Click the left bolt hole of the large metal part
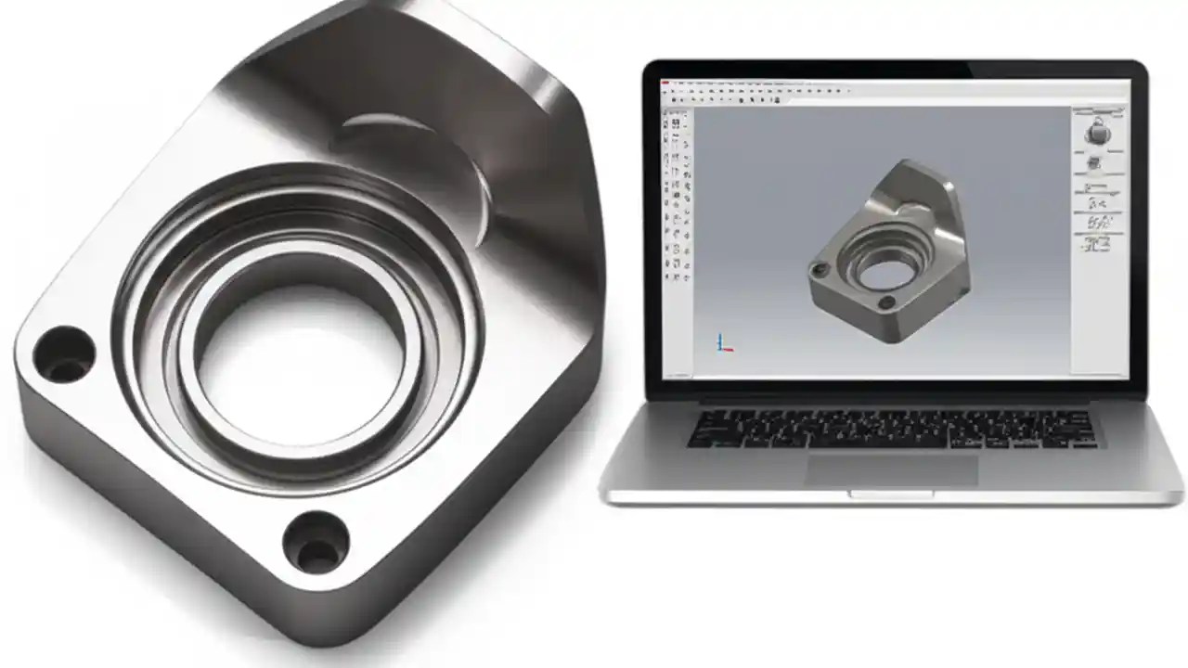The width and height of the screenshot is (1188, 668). click(x=64, y=354)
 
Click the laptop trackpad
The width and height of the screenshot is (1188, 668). click(x=891, y=469)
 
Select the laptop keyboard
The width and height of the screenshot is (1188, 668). click(x=891, y=428)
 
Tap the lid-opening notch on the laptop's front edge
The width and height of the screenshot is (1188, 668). click(x=891, y=494)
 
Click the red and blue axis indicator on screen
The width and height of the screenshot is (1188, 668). click(x=724, y=343)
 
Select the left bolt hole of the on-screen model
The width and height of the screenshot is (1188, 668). click(x=819, y=270)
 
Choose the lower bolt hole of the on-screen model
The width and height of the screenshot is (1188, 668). click(x=886, y=302)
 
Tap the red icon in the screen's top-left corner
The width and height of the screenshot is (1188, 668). click(x=665, y=83)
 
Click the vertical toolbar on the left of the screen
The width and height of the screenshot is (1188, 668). click(x=677, y=195)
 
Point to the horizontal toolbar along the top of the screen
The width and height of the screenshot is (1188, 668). click(x=761, y=91)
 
